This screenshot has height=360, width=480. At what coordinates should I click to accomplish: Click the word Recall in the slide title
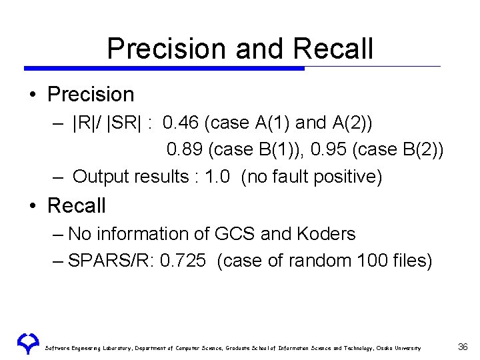click(333, 49)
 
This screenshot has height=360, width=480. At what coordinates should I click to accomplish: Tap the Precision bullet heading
click(91, 95)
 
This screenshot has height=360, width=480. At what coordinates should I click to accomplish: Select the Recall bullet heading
click(77, 206)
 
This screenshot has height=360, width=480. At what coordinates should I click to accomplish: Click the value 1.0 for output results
click(215, 177)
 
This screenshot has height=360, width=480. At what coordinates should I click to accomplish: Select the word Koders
click(325, 234)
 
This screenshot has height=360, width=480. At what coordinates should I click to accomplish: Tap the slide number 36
click(463, 347)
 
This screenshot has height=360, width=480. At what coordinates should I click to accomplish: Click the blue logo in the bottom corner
click(28, 343)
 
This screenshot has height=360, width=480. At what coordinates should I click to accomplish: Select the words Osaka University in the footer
click(399, 348)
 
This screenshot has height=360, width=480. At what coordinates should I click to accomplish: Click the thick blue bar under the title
click(163, 68)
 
